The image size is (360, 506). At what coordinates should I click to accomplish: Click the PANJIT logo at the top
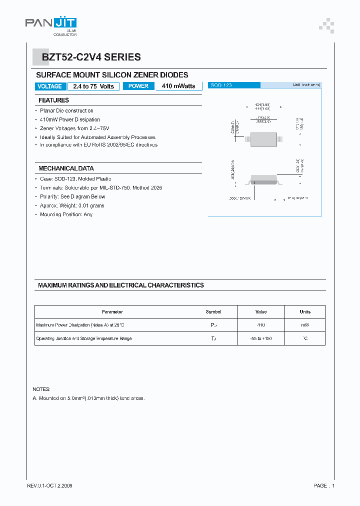pos(50,25)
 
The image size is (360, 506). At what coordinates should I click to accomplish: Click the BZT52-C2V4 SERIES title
pos(91,57)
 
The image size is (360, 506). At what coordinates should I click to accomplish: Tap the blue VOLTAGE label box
pos(50,86)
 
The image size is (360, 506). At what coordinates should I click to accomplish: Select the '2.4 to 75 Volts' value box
pos(93,86)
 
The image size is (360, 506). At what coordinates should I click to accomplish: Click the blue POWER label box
pos(138,86)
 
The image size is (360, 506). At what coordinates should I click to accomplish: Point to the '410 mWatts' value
pos(178,86)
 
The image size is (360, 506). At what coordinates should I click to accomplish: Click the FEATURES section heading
pos(53,100)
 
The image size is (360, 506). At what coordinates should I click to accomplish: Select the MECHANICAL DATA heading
pos(66,168)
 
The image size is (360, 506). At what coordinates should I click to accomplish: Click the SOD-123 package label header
pos(221,85)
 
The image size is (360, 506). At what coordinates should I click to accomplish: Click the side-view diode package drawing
pos(264,178)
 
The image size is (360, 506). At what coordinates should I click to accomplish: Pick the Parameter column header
pos(112,311)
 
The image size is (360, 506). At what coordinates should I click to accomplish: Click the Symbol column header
pos(213,311)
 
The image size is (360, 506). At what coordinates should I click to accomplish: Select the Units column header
pos(305,311)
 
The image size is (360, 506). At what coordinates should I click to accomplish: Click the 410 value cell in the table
pos(261,325)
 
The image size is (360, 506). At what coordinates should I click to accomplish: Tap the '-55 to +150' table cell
pos(261,338)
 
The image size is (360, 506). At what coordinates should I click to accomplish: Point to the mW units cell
pos(305,325)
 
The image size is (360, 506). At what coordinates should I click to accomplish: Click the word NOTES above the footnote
pos(41,389)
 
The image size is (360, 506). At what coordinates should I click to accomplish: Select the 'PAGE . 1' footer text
pos(324,485)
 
